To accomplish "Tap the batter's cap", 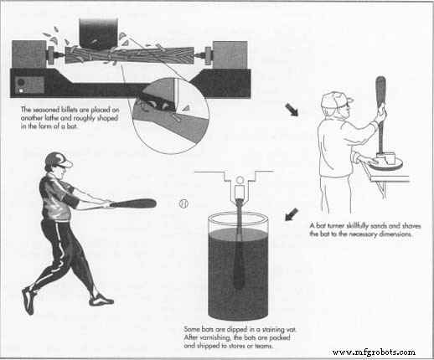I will click(x=54, y=159).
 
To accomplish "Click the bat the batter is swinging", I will click(x=133, y=203).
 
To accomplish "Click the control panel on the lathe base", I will click(x=21, y=83).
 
